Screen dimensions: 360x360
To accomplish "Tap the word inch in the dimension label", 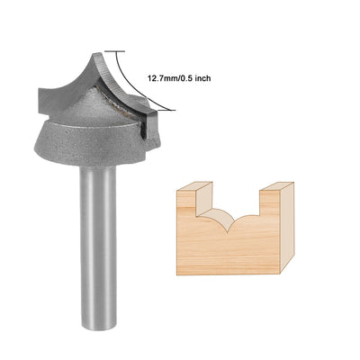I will [202, 78].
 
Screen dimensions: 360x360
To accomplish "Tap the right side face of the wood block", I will [289, 234].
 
